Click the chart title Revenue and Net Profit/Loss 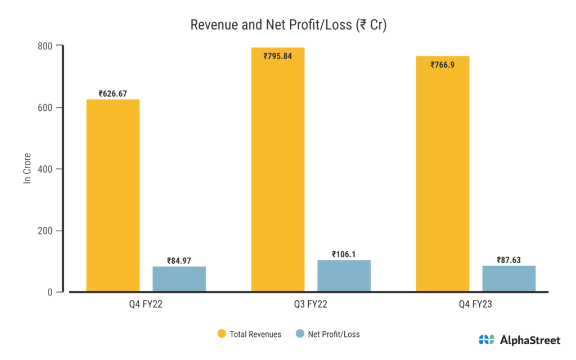point(287,25)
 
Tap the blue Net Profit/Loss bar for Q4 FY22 point(179,279)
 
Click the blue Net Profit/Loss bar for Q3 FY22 point(344,276)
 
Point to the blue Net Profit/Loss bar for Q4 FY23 point(508,278)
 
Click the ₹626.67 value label point(112,94)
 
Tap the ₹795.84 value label point(277,56)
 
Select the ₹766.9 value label point(443,65)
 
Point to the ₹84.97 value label point(179,260)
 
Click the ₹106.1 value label point(344,254)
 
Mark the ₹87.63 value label point(508,260)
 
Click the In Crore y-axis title point(26,168)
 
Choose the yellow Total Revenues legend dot point(222,334)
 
